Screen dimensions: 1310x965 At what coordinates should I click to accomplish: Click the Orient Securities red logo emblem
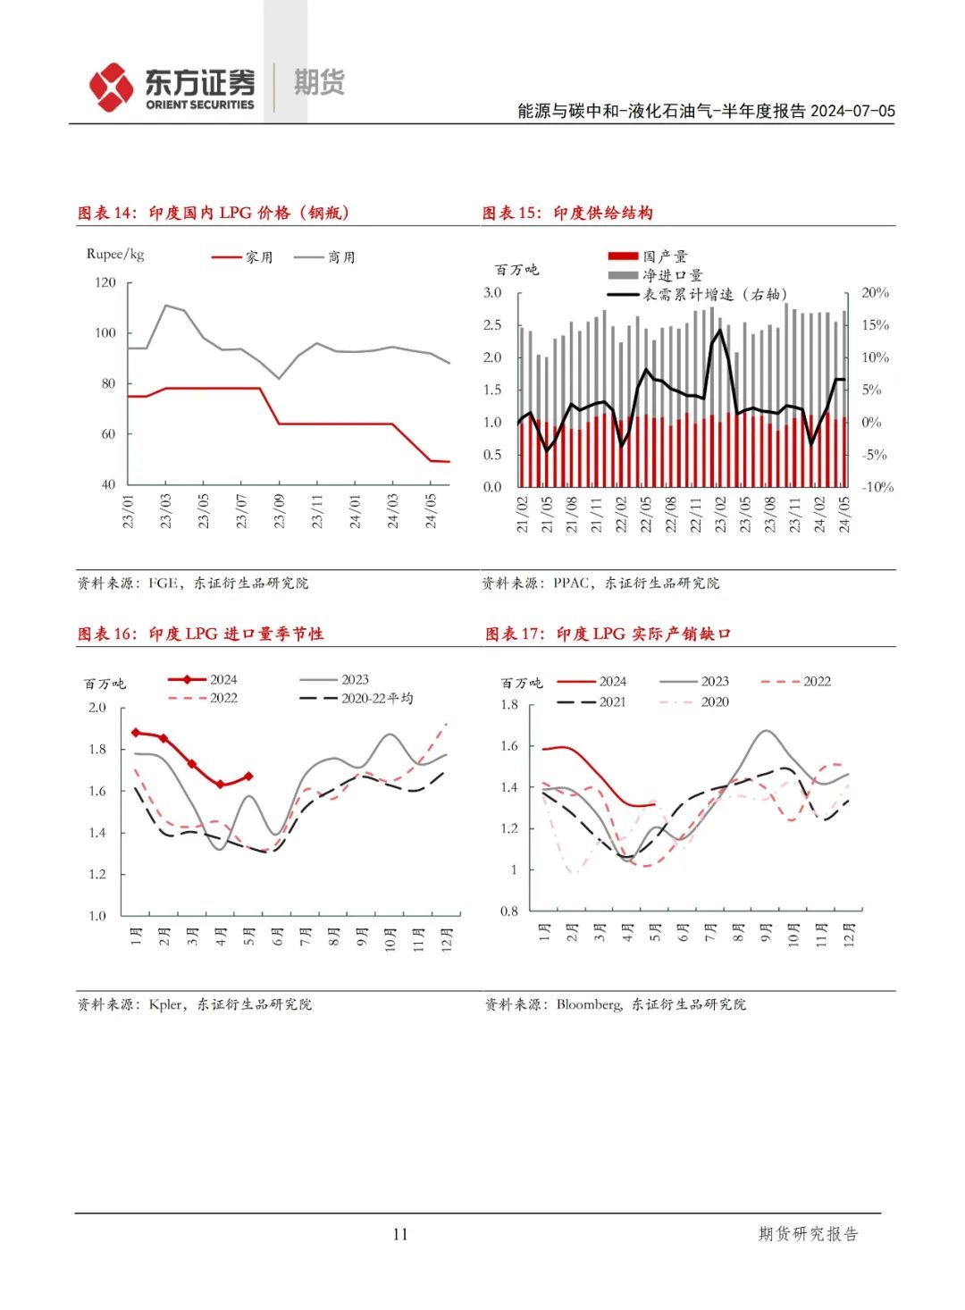(111, 87)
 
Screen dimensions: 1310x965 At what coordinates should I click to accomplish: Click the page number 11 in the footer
(399, 1234)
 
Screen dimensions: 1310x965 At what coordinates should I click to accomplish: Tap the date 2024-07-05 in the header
(852, 111)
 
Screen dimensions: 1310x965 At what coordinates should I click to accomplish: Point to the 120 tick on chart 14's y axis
(105, 282)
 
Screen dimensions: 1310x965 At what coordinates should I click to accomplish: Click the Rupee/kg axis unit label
(115, 254)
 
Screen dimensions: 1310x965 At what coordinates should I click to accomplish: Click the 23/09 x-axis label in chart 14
(279, 510)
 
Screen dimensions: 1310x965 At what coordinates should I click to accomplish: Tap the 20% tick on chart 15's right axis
(875, 292)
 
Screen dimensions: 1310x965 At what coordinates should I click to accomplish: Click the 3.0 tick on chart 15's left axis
(492, 292)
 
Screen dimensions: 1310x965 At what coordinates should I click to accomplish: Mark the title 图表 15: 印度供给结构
(567, 213)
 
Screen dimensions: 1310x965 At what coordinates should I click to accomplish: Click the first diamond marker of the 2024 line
(136, 733)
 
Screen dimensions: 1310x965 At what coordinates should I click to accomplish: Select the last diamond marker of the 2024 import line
(248, 777)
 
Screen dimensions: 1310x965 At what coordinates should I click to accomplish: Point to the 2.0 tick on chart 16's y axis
(96, 707)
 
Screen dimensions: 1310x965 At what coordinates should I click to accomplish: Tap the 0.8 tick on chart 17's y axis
(508, 911)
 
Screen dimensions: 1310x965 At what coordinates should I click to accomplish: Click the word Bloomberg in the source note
(589, 1004)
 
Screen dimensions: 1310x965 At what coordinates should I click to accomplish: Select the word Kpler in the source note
(166, 1004)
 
